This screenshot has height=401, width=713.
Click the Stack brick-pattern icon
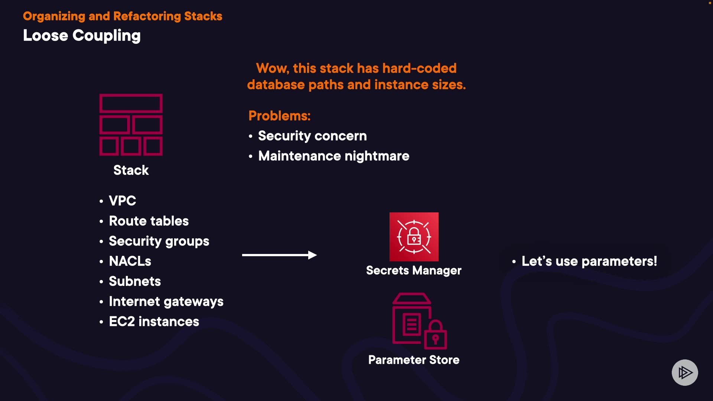[x=131, y=125]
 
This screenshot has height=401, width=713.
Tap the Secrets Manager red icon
[x=414, y=237]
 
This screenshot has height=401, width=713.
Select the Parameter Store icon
[x=419, y=321]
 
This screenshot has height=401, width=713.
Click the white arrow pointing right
[x=279, y=255]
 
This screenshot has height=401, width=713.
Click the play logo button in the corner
[x=684, y=372]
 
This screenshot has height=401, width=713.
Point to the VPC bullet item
[x=122, y=201]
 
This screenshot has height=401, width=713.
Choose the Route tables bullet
[x=149, y=221]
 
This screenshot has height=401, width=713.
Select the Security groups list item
[x=159, y=241]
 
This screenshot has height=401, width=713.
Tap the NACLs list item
[x=130, y=261]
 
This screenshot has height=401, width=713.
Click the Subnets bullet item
[x=135, y=281]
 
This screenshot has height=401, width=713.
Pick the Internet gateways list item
[x=166, y=301]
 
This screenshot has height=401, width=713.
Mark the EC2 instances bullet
[x=154, y=322]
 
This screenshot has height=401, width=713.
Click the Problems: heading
[x=279, y=116]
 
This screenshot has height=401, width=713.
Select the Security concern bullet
[x=312, y=136]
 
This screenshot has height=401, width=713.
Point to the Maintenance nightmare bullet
[x=333, y=156]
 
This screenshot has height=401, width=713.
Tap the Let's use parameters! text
[x=589, y=261]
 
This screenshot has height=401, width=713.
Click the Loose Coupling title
[x=82, y=36]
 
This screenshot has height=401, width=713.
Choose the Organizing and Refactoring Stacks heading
[x=123, y=16]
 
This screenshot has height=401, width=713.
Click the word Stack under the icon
[x=131, y=170]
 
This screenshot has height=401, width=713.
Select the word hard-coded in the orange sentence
[x=419, y=68]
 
